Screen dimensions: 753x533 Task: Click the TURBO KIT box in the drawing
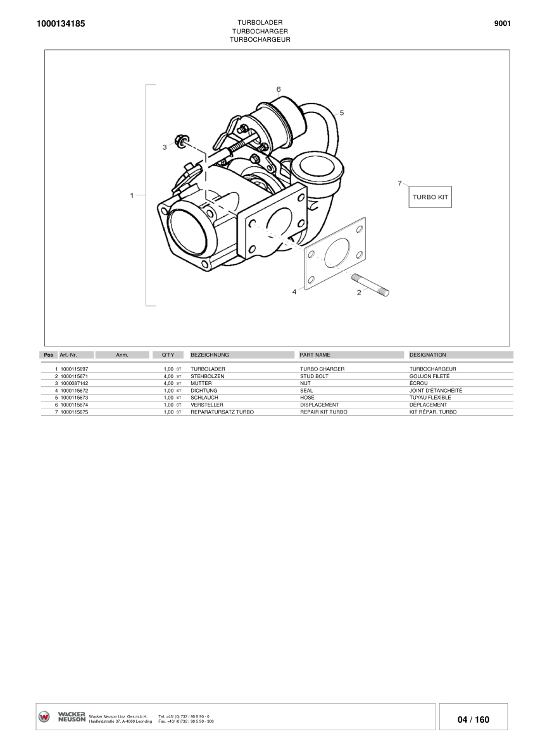[x=430, y=197]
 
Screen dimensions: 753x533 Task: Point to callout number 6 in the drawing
[x=278, y=89]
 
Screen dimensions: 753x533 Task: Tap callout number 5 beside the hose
[x=341, y=113]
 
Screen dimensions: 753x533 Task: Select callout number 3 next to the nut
[x=165, y=147]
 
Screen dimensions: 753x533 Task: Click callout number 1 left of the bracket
[x=132, y=195]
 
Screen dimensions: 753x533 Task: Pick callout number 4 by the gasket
[x=294, y=292]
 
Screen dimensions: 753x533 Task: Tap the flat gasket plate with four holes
[x=335, y=253]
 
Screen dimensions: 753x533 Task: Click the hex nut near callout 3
[x=180, y=139]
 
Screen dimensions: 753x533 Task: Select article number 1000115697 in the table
[x=74, y=368]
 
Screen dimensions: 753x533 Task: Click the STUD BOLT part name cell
[x=314, y=376]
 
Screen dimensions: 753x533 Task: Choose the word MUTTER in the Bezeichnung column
[x=201, y=383]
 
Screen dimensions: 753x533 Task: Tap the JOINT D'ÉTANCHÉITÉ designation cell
[x=436, y=390]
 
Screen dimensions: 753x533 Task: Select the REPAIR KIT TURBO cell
[x=323, y=412]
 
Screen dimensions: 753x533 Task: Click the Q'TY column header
[x=168, y=355]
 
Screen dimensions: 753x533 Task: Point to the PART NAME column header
[x=315, y=355]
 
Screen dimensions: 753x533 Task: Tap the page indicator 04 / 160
[x=473, y=719]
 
